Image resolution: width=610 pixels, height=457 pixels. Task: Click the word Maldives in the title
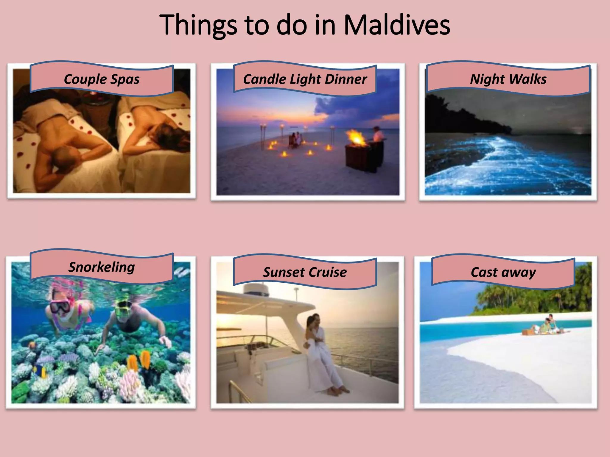pyautogui.click(x=397, y=25)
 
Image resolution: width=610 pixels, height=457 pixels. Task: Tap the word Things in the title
pyautogui.click(x=198, y=26)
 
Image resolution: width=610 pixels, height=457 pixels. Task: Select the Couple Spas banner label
pyautogui.click(x=102, y=79)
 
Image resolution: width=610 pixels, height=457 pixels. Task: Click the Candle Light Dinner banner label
pyautogui.click(x=305, y=79)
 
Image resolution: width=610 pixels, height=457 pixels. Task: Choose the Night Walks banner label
pyautogui.click(x=508, y=79)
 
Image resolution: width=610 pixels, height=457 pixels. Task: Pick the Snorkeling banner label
pyautogui.click(x=102, y=267)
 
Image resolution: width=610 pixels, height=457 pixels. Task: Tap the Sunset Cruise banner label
pyautogui.click(x=305, y=272)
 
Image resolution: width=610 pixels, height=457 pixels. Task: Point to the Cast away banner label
pyautogui.click(x=503, y=272)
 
